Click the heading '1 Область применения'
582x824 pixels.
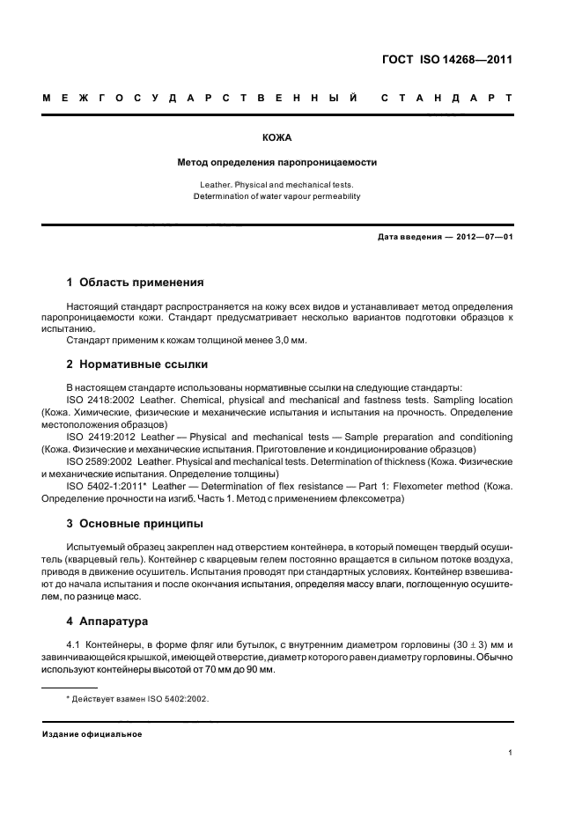pos(136,283)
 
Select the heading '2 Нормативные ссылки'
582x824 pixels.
pos(137,363)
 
